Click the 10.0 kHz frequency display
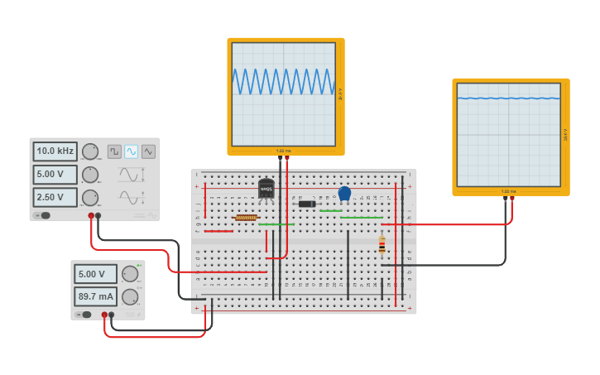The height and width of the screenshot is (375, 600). [x=55, y=151]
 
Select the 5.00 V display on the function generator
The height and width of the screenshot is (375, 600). [x=55, y=175]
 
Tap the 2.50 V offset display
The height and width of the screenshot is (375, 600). [x=55, y=198]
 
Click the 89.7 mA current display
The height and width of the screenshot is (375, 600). [x=95, y=296]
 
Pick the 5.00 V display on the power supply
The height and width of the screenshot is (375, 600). [x=95, y=274]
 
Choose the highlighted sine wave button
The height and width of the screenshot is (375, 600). [x=131, y=151]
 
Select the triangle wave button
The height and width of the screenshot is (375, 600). [x=148, y=151]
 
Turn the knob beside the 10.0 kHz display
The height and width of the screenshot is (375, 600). [x=89, y=151]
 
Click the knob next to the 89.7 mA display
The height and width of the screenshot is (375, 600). [x=130, y=296]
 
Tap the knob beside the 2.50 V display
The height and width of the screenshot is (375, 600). [x=89, y=198]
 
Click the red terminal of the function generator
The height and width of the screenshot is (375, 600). [x=91, y=216]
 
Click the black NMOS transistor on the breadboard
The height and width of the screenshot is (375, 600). [x=266, y=190]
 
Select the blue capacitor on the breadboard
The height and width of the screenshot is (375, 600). [x=344, y=194]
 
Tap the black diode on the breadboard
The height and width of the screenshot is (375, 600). [x=307, y=204]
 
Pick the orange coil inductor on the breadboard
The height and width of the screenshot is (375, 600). [x=246, y=218]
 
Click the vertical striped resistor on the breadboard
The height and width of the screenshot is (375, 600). [x=382, y=244]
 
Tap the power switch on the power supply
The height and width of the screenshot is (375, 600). [x=84, y=315]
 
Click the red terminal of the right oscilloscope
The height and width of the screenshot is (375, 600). [x=511, y=199]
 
